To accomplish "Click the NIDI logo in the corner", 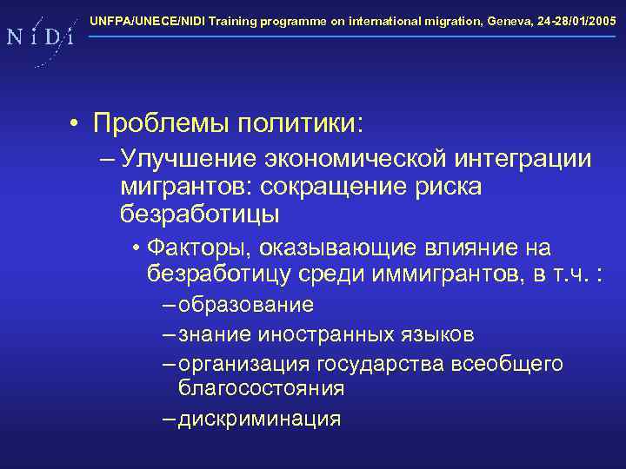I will pos(39,37).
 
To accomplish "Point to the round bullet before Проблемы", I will pos(77,123).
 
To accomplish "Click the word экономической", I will pos(354,161).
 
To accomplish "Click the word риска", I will pos(449,187).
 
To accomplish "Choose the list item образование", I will pos(245,306).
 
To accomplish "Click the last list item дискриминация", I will pos(259,419).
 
